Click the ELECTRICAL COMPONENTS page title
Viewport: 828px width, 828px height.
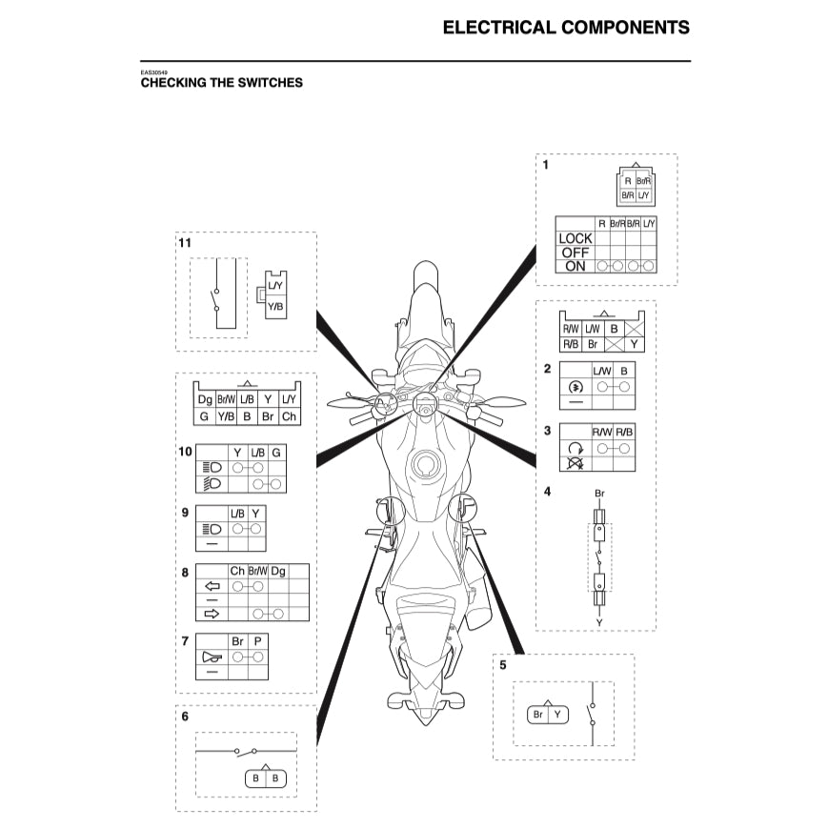pos(566,27)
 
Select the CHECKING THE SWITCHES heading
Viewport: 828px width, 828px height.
pos(222,83)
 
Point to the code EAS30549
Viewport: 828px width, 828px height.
pos(153,71)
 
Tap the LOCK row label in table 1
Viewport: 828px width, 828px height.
pos(576,238)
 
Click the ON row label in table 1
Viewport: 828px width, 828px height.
pos(576,267)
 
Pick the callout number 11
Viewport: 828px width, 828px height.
pos(185,243)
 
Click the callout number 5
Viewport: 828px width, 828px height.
pos(503,665)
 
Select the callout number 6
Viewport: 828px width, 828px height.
pos(185,717)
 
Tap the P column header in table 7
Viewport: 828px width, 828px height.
pos(257,642)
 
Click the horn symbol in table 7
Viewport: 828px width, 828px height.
pos(212,657)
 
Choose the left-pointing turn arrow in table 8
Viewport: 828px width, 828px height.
pos(212,587)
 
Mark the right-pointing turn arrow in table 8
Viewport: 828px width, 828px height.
pos(212,614)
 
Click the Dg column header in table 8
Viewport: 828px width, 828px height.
pos(278,572)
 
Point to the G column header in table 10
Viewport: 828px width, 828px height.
pos(276,452)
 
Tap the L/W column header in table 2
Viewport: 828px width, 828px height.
pos(602,370)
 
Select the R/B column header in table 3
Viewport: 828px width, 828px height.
pos(624,432)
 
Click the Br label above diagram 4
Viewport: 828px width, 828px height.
pos(599,494)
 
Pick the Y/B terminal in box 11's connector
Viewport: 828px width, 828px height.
pos(274,306)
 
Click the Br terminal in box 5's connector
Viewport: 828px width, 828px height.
pos(538,715)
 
